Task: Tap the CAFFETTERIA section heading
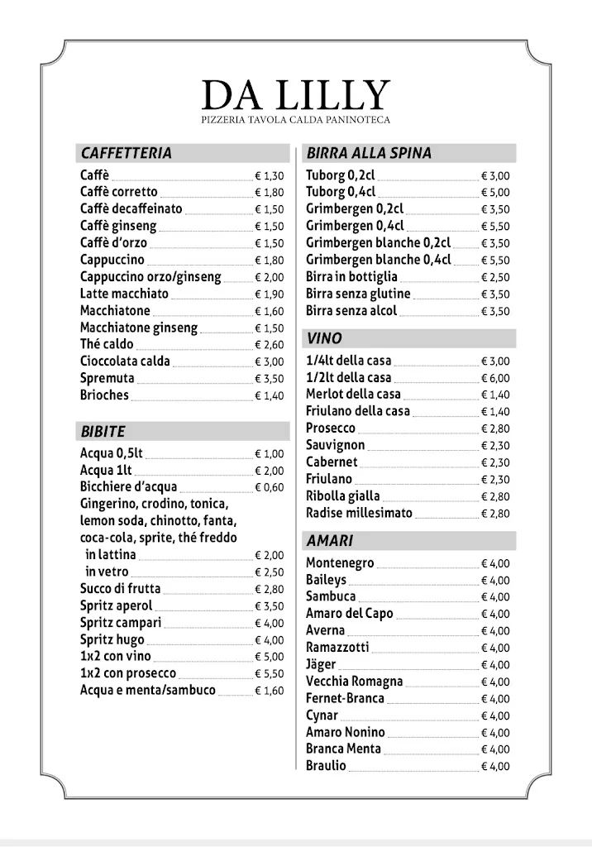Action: pos(127,153)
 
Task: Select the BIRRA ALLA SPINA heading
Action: pos(369,153)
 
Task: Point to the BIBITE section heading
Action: pos(103,431)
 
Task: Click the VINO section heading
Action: pos(323,338)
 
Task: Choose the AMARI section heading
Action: pos(329,541)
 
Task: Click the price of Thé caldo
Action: pos(269,345)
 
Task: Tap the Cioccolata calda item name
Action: pos(125,361)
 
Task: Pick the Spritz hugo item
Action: pos(112,639)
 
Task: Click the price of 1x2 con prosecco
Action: pos(269,674)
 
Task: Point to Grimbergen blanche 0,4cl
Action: pos(379,260)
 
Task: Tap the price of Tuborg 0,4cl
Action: pos(495,193)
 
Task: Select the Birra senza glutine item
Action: pos(358,294)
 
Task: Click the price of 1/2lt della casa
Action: pos(495,378)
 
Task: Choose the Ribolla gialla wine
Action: pos(343,496)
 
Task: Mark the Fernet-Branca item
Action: pos(345,699)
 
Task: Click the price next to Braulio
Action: pos(495,767)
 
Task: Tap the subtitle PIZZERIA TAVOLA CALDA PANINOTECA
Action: pos(295,121)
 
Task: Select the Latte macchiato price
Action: pos(269,294)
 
